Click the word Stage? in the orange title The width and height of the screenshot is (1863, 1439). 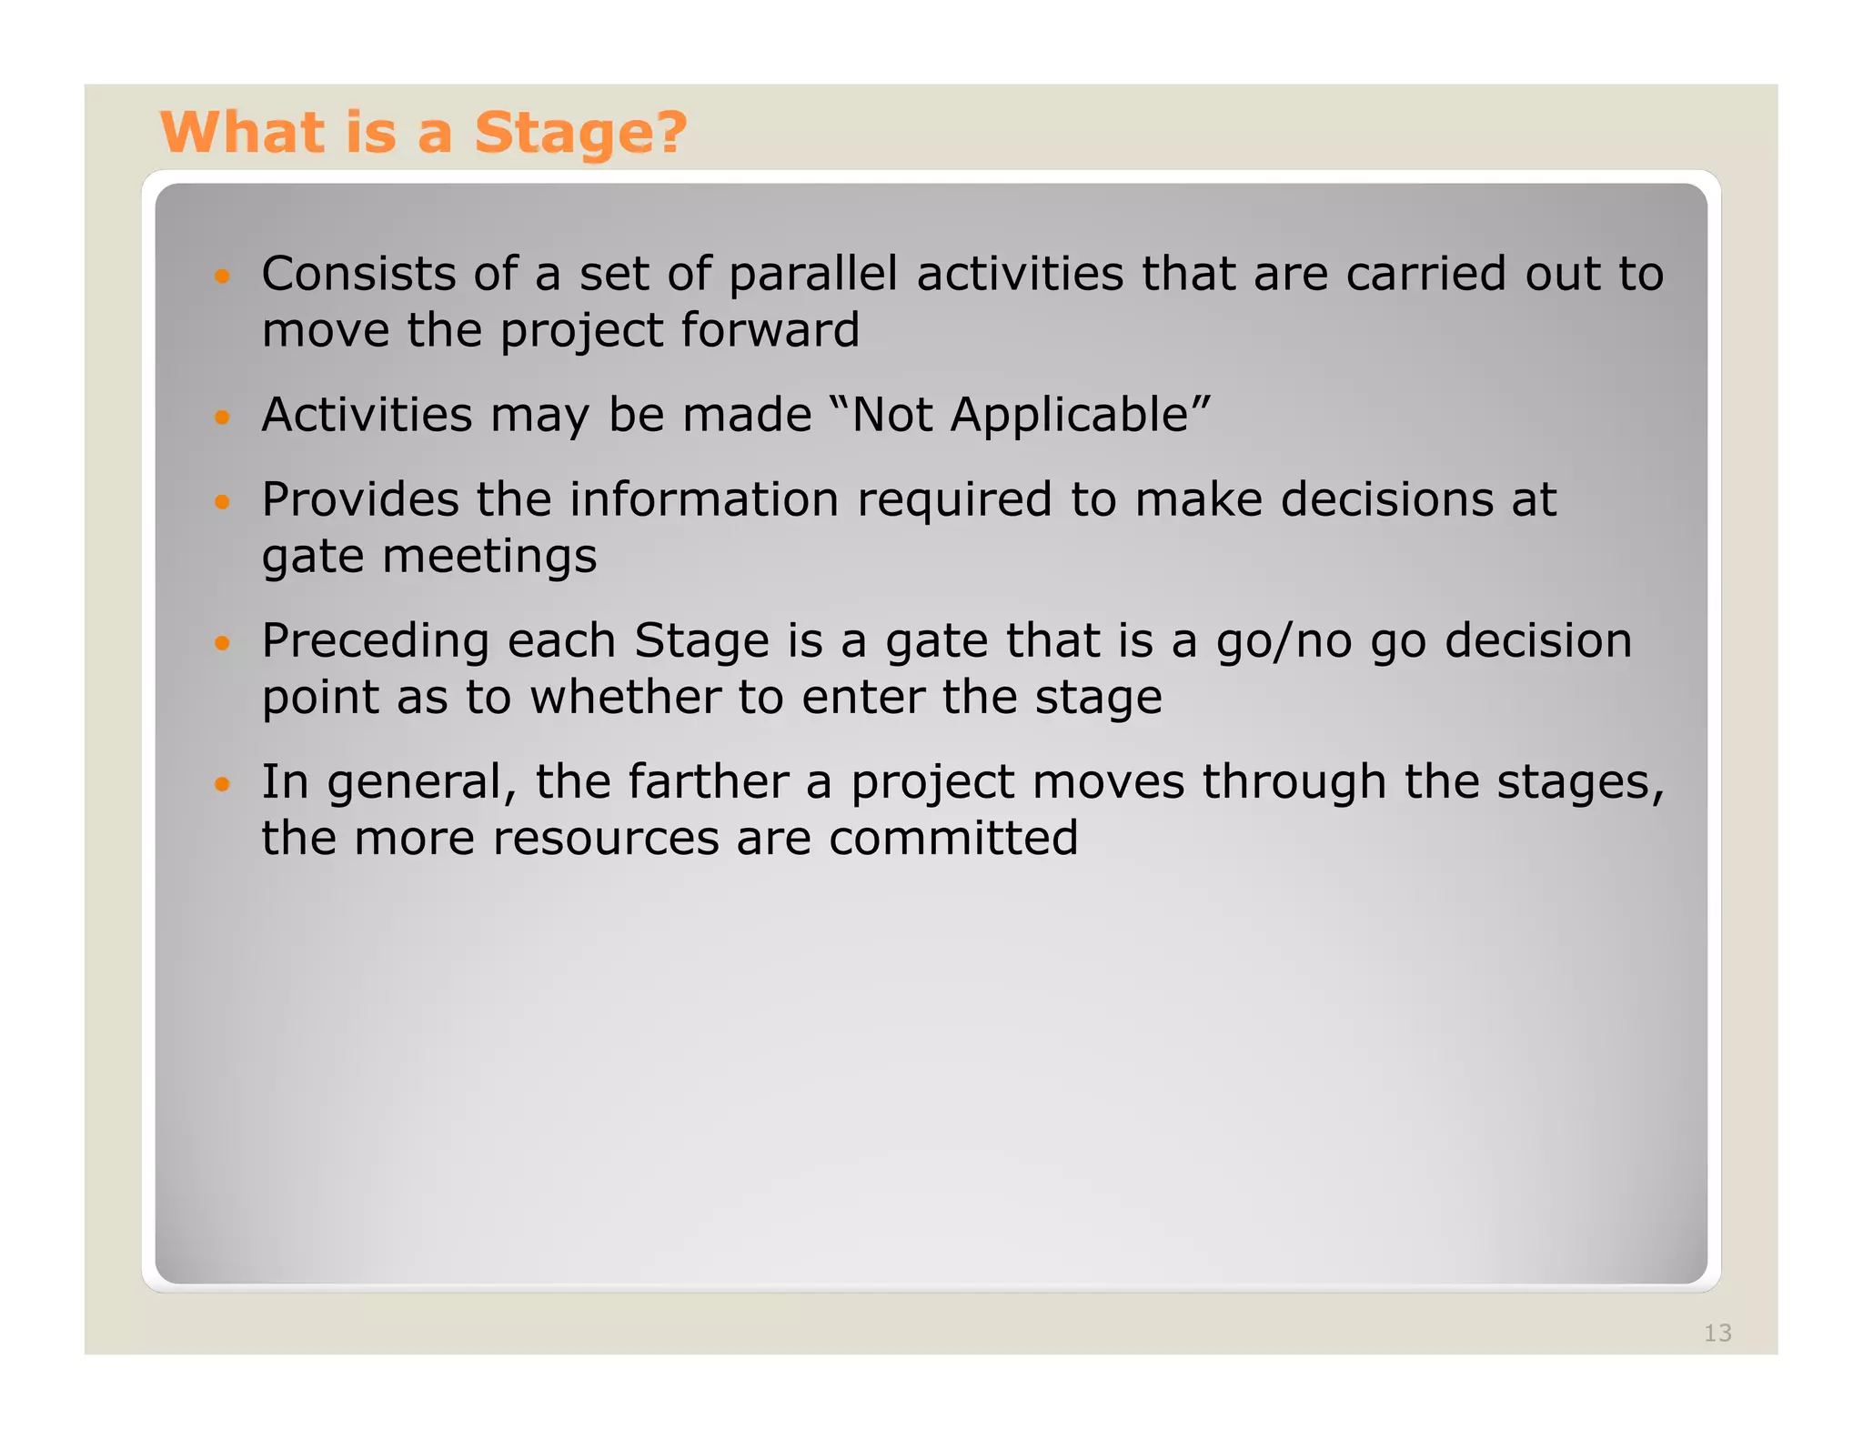(580, 133)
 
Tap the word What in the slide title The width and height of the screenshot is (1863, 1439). (242, 133)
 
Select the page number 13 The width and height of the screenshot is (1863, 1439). (1717, 1333)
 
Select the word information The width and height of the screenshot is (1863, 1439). (704, 499)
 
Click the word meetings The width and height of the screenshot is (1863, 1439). (489, 557)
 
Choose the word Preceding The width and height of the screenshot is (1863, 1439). (376, 641)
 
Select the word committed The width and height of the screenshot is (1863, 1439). (952, 838)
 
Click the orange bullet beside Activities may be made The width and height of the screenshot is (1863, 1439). (222, 418)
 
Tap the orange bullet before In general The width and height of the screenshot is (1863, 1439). (222, 783)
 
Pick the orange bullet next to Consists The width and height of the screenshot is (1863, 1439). (222, 276)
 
